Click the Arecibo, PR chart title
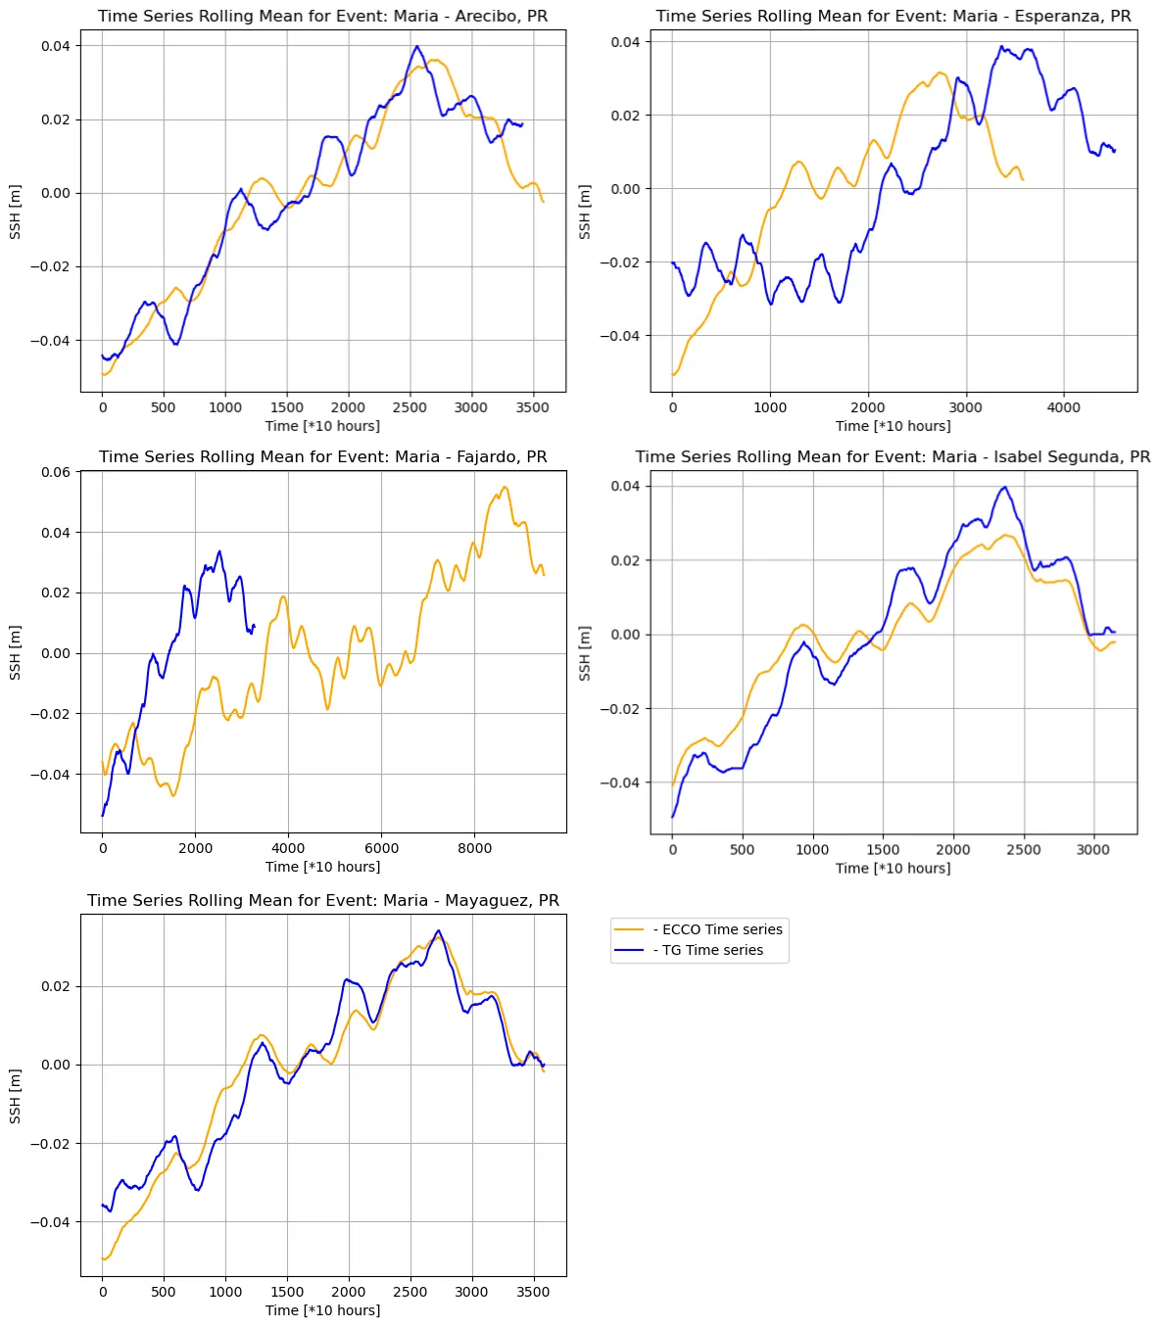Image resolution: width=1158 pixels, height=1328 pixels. point(322,17)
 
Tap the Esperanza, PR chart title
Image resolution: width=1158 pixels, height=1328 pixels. point(893,17)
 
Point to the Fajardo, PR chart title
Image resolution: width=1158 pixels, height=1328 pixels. point(322,456)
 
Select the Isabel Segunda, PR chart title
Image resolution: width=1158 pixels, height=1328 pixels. point(893,456)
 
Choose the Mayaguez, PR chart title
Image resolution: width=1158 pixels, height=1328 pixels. point(322,900)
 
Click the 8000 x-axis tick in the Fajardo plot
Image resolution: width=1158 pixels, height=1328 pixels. point(474,848)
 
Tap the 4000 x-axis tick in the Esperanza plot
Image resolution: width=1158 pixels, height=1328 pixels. point(1064,407)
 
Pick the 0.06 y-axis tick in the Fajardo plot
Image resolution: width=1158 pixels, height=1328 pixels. point(56,472)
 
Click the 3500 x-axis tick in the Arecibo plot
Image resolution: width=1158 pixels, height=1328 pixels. point(533,407)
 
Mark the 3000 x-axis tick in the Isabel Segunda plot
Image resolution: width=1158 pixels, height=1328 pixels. point(1093,849)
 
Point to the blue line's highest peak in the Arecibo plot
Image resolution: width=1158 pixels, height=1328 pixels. point(416,46)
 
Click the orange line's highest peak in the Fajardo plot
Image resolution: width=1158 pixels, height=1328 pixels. point(505,487)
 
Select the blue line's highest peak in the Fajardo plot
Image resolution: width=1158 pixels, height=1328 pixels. point(219,550)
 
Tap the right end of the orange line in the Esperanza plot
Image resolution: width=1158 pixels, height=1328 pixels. point(1023,179)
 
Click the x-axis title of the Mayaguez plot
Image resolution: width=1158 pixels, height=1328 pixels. point(322,1309)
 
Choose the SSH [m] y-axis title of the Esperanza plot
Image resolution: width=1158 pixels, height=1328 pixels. point(585,212)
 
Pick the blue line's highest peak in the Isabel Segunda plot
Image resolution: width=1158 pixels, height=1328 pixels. point(1004,487)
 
